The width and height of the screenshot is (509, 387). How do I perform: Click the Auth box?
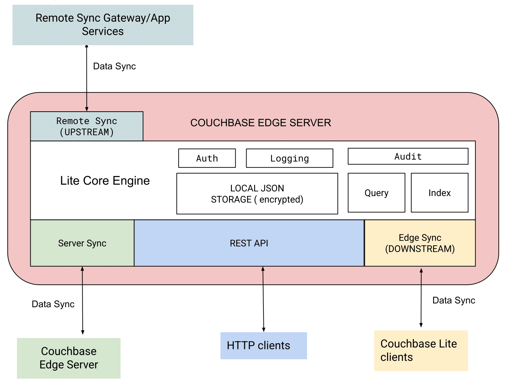tap(207, 158)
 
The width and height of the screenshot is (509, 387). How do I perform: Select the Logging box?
tap(289, 158)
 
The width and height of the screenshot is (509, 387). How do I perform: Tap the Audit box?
tap(408, 156)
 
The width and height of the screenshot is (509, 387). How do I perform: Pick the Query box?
tap(376, 193)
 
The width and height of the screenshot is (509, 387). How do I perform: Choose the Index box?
tap(439, 193)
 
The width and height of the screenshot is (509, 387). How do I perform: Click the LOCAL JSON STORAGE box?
tap(257, 194)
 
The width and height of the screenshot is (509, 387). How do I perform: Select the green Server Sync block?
tap(82, 243)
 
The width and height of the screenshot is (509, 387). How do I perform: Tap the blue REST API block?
tap(249, 243)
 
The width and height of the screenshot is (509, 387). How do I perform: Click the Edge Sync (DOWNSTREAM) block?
tap(420, 243)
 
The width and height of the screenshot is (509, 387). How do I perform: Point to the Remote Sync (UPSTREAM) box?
tap(87, 126)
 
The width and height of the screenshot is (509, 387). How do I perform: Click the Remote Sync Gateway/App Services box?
tap(103, 25)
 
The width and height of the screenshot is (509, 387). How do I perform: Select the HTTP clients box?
tap(263, 346)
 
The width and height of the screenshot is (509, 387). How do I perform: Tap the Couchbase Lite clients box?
tap(421, 351)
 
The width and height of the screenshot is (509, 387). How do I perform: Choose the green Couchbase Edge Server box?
tap(69, 358)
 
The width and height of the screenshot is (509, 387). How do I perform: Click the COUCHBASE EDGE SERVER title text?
tap(261, 123)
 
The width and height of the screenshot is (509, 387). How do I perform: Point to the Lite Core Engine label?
tap(105, 181)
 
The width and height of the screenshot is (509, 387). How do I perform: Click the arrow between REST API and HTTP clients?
tap(263, 300)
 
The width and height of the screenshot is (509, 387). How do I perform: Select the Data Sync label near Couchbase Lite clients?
tap(454, 300)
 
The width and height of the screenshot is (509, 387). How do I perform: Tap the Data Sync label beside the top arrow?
tap(114, 66)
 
